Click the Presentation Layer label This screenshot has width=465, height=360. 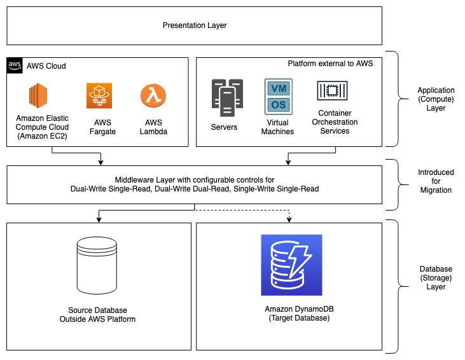(194, 26)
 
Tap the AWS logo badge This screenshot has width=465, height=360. (14, 65)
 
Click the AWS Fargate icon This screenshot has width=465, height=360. (99, 95)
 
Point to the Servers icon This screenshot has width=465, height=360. (227, 98)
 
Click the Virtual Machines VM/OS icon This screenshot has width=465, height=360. (277, 97)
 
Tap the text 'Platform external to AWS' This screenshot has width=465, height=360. (330, 64)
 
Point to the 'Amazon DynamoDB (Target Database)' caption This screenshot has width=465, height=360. (291, 313)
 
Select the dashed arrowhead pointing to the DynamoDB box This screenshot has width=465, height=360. (289, 219)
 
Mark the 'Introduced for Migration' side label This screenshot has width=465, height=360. (436, 181)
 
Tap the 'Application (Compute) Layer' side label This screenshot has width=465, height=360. (436, 99)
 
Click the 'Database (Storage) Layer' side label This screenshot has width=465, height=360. (436, 278)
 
